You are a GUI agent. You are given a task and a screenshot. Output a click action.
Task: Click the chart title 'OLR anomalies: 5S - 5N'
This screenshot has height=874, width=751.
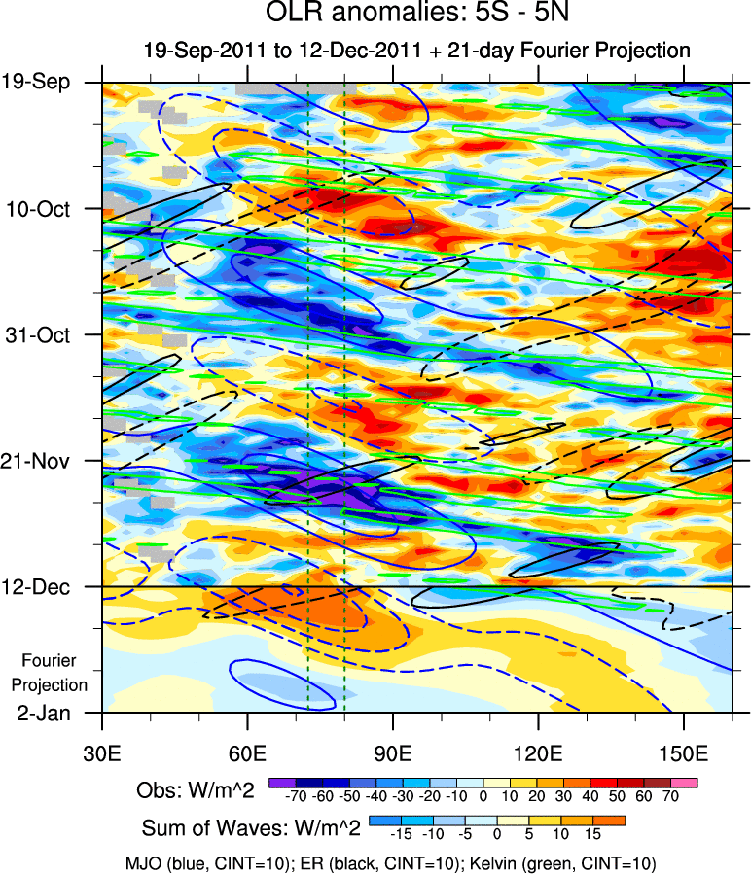(417, 16)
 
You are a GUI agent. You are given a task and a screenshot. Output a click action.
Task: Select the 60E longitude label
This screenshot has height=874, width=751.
(248, 754)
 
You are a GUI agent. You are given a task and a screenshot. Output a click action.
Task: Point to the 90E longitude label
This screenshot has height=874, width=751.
(393, 754)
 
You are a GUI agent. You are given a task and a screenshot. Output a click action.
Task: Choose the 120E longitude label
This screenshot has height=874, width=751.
(539, 754)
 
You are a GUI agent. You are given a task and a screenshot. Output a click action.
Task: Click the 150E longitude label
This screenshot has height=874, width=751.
(684, 754)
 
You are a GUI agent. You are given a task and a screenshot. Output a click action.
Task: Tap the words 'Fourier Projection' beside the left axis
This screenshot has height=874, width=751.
(55, 673)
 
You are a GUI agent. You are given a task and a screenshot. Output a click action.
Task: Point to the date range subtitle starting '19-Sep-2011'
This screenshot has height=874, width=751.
(416, 51)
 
